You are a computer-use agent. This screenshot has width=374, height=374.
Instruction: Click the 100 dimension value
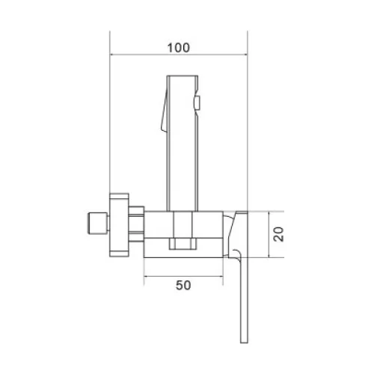point(179,48)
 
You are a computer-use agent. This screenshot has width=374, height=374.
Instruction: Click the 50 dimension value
point(183,285)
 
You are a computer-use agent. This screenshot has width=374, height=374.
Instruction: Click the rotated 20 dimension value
point(278,234)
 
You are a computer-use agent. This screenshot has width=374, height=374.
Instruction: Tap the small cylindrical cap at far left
point(98,223)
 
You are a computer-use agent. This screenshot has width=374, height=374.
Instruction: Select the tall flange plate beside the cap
point(119,225)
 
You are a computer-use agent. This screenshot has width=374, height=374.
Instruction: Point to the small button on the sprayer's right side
point(197,103)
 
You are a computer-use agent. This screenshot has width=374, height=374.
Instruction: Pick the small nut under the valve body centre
point(183,244)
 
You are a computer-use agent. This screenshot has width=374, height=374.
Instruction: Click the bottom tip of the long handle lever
point(244,343)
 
